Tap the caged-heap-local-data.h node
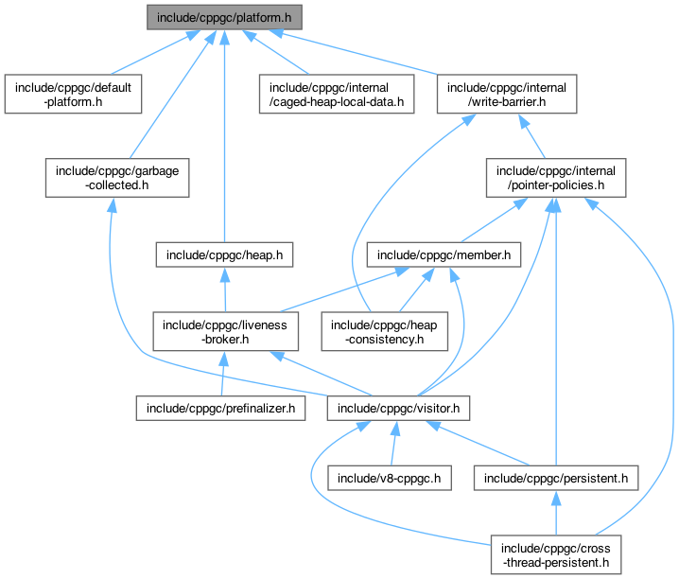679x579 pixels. coord(337,94)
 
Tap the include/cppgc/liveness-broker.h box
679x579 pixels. coord(226,331)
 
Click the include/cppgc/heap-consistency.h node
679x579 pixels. coord(374,331)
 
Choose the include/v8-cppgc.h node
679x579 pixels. coord(389,479)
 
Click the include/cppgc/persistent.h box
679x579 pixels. coord(555,479)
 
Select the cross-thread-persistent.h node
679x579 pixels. coord(555,554)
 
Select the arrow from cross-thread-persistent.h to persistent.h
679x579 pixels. coord(555,516)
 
